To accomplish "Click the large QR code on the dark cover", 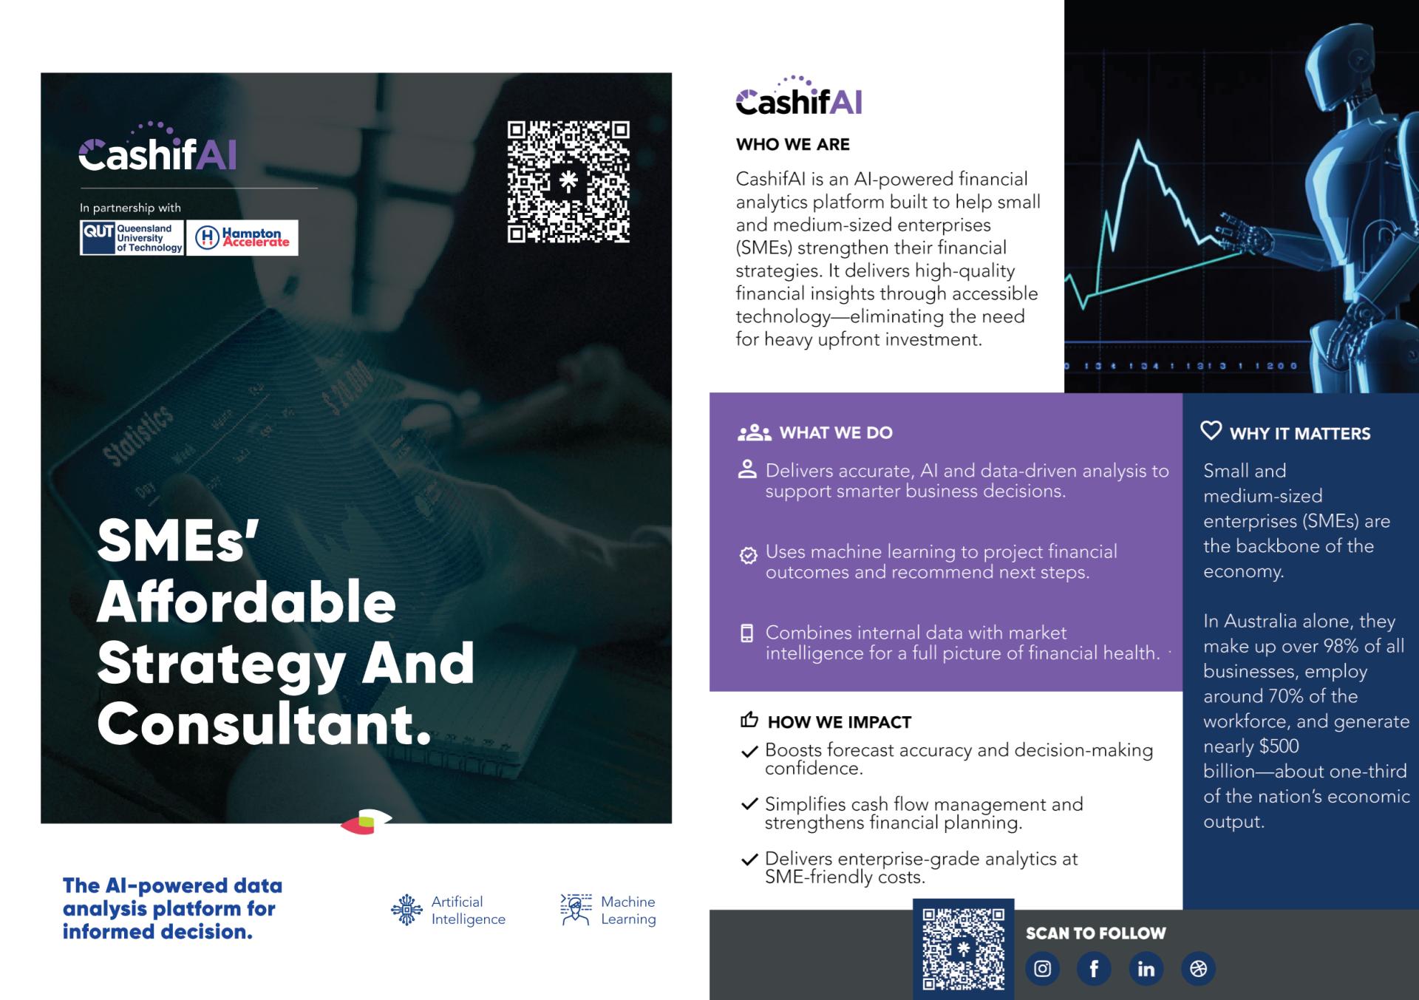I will [x=568, y=182].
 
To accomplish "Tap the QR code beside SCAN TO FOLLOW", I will [x=963, y=949].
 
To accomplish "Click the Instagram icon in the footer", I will [x=1042, y=968].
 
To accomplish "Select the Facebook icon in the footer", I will [x=1094, y=968].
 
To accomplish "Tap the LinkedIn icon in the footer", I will [x=1146, y=968].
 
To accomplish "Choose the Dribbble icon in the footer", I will [x=1198, y=968].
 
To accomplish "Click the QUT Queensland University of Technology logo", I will [x=132, y=238].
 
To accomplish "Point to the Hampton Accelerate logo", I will [x=242, y=238].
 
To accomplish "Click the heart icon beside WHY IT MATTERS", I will [x=1211, y=430].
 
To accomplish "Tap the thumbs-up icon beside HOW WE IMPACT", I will [x=749, y=720].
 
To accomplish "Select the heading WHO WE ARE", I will [x=792, y=144].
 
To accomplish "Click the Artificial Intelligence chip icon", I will [x=406, y=910].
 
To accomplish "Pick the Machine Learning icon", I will [x=576, y=910].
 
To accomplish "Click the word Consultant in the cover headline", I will [x=264, y=724].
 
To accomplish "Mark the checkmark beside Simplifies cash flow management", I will [x=749, y=805].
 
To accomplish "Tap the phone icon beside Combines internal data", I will [x=747, y=633].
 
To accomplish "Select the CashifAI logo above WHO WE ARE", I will [x=799, y=98].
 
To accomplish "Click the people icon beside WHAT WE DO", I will [x=754, y=432].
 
